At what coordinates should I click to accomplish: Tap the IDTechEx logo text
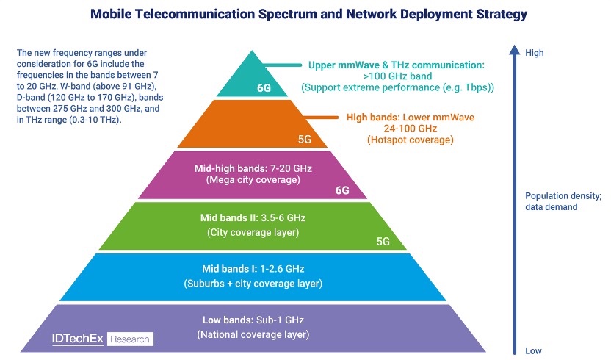(x=78, y=339)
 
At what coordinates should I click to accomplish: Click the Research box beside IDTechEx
(x=130, y=339)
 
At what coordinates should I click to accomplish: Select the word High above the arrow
(x=534, y=53)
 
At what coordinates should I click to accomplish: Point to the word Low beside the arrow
(x=533, y=350)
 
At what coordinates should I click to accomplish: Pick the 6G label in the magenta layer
(x=342, y=190)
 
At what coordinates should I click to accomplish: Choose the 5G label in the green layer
(x=383, y=241)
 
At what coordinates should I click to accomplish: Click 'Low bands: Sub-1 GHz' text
(x=252, y=320)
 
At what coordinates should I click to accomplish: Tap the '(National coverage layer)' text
(x=253, y=334)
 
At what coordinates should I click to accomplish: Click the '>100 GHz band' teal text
(x=397, y=76)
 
